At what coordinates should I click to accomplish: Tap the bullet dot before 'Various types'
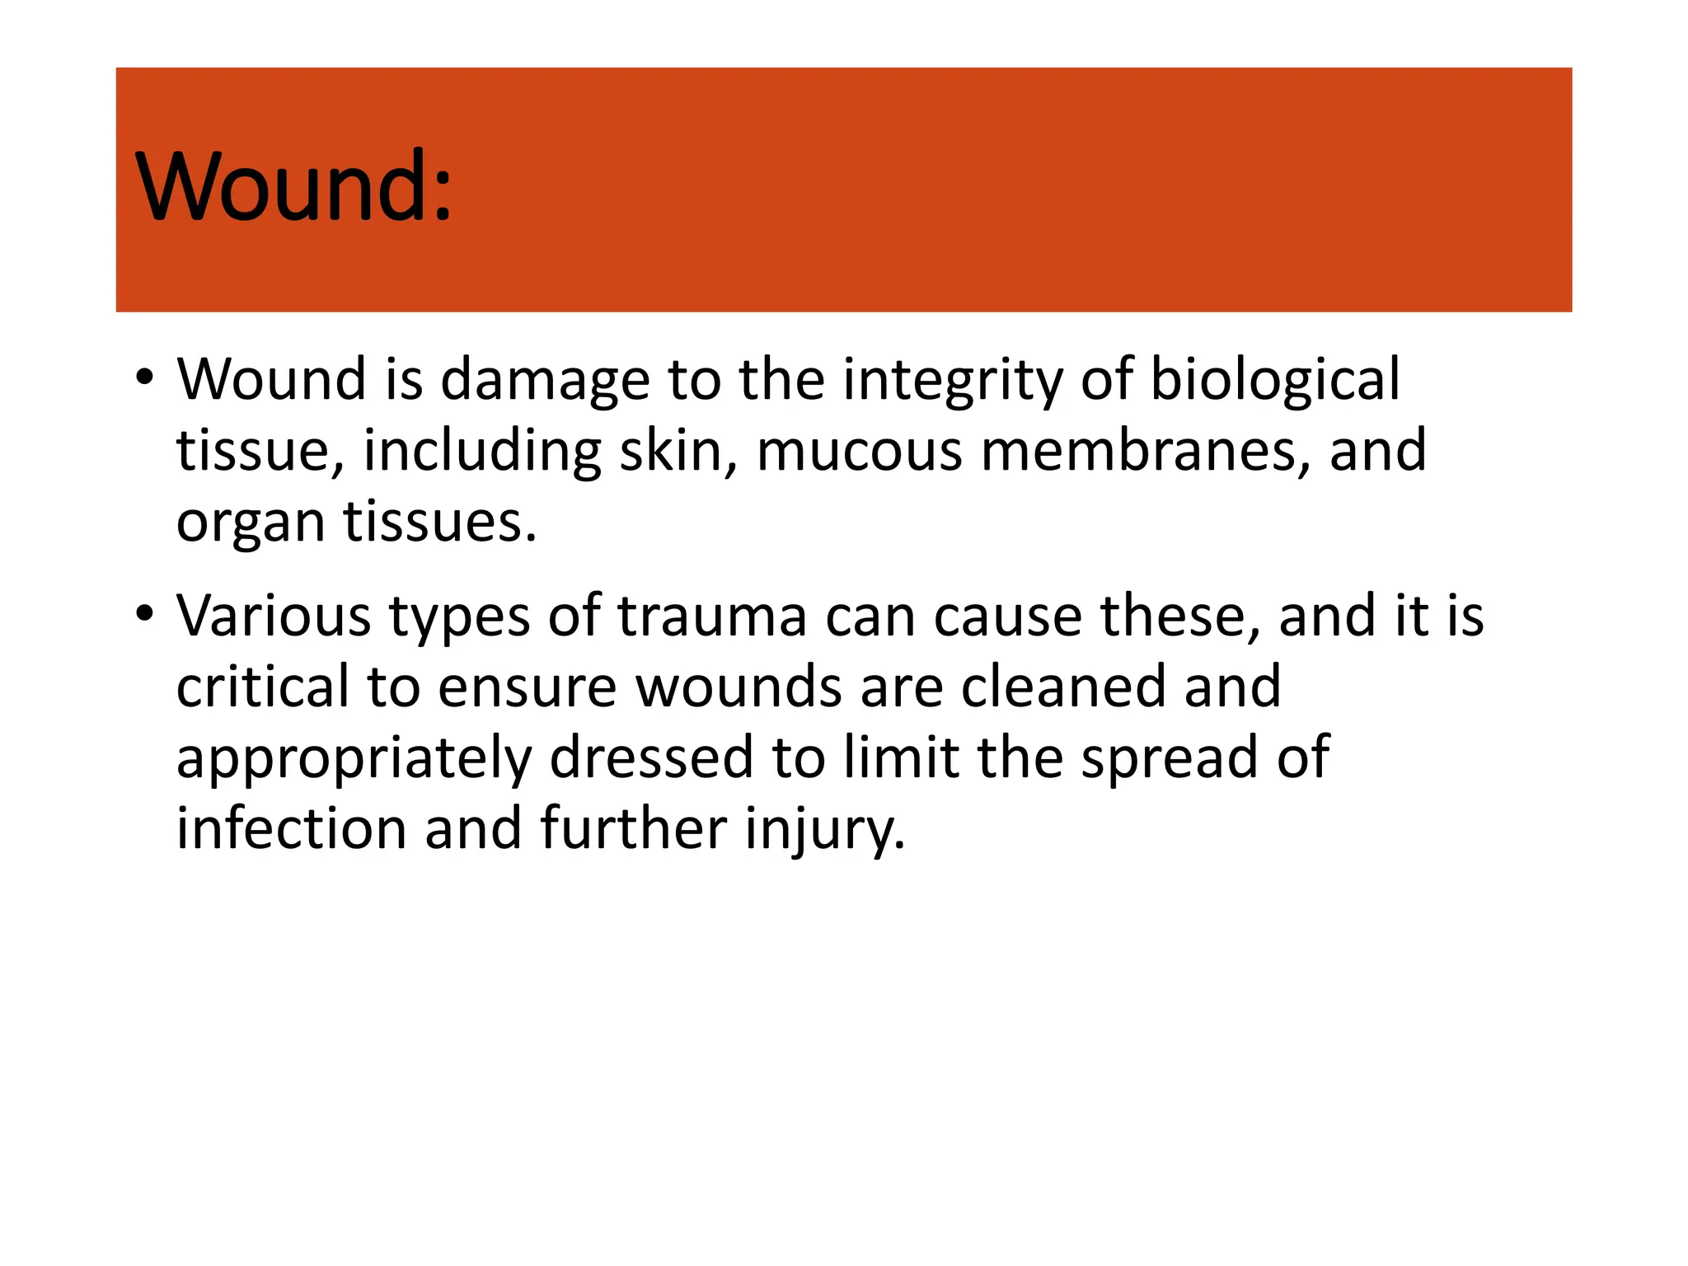coord(145,613)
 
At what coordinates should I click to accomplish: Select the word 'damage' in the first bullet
coord(545,381)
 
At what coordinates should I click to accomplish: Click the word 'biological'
coord(1274,379)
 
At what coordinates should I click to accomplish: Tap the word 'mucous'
coord(859,452)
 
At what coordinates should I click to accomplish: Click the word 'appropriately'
coord(354,758)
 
